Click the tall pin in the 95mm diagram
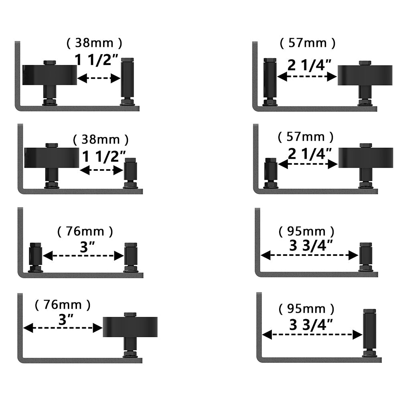click(369, 331)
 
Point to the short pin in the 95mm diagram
click(365, 255)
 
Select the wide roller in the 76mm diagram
click(130, 326)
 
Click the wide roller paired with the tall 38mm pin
click(49, 75)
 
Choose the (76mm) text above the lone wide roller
click(63, 305)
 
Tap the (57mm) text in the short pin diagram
click(306, 137)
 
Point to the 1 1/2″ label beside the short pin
click(104, 156)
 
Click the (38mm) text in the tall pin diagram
click(94, 43)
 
